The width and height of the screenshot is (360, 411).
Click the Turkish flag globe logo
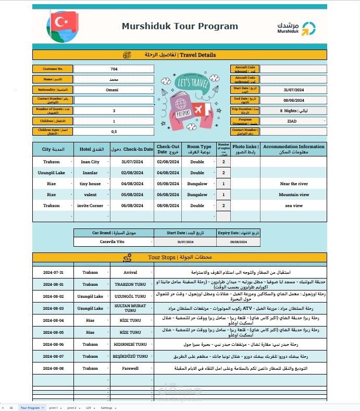click(x=63, y=27)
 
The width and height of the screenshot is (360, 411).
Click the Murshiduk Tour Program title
click(x=180, y=26)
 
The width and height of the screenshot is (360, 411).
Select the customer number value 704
click(x=114, y=69)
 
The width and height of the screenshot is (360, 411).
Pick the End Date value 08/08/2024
click(x=293, y=100)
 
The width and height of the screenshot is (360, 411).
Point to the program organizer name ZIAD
click(x=293, y=120)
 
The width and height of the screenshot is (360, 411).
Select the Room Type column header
click(x=199, y=149)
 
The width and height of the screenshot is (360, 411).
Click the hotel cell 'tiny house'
click(x=90, y=184)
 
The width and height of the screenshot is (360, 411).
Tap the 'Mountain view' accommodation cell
click(x=294, y=195)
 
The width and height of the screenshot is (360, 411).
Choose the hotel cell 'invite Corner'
click(x=90, y=205)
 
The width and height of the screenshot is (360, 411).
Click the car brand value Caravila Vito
click(x=113, y=241)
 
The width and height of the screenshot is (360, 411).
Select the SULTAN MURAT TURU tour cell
click(x=130, y=308)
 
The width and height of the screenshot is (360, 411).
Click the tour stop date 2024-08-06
click(x=53, y=344)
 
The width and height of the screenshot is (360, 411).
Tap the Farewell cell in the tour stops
click(x=130, y=368)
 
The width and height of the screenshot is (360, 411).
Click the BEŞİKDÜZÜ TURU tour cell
click(x=130, y=356)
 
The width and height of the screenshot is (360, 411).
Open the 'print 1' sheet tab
click(x=54, y=407)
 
